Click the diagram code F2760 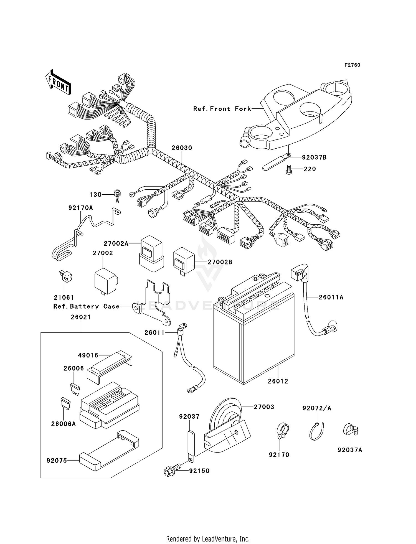(352, 65)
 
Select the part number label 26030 (182, 148)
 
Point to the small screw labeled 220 (289, 169)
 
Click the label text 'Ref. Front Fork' (222, 109)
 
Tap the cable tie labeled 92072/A (317, 431)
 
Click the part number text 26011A (331, 298)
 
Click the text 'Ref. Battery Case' (87, 307)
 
